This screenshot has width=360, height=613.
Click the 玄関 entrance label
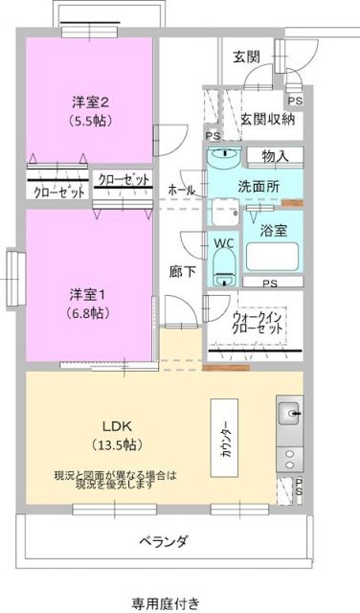(246, 57)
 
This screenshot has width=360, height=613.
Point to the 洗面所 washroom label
(259, 188)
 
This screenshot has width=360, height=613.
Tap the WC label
(223, 243)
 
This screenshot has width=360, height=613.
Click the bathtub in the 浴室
(274, 257)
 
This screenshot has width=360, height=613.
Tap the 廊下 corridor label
(182, 271)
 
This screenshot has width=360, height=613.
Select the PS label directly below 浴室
(270, 283)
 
